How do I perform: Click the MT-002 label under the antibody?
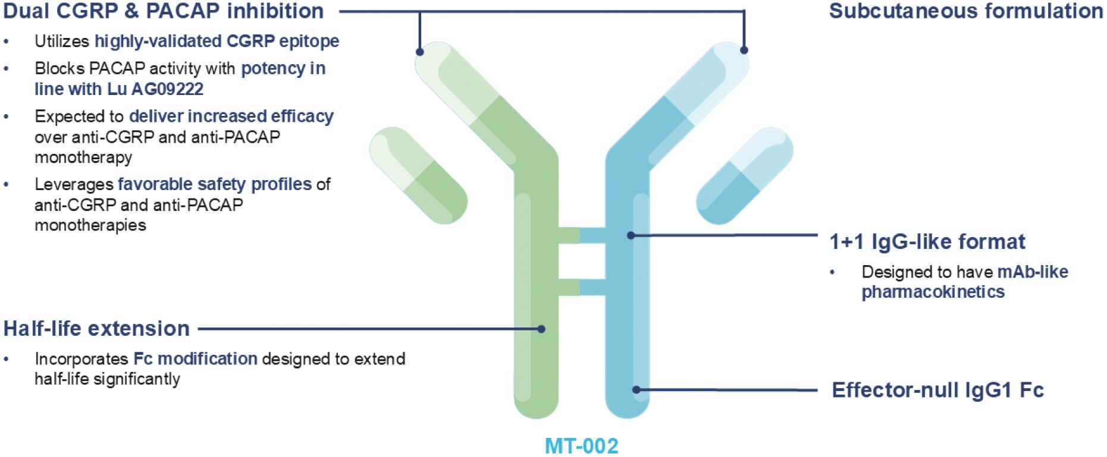pyautogui.click(x=581, y=446)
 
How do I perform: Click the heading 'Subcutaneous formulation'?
pyautogui.click(x=966, y=11)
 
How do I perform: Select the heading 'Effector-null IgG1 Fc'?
pyautogui.click(x=937, y=390)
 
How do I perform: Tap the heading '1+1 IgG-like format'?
pyautogui.click(x=927, y=242)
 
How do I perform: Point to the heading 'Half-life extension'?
pyautogui.click(x=96, y=329)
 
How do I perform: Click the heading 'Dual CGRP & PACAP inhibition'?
pyautogui.click(x=164, y=11)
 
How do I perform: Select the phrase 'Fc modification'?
pyautogui.click(x=195, y=359)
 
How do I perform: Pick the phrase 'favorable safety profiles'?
pyautogui.click(x=215, y=184)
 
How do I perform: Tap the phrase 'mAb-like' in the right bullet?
pyautogui.click(x=1033, y=272)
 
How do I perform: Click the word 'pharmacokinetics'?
pyautogui.click(x=933, y=292)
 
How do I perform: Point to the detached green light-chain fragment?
pyautogui.click(x=418, y=175)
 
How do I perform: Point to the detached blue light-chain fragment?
pyautogui.click(x=744, y=175)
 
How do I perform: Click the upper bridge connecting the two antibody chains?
pyautogui.click(x=581, y=235)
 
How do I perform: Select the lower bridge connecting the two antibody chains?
pyautogui.click(x=581, y=288)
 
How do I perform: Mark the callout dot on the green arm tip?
pyautogui.click(x=419, y=52)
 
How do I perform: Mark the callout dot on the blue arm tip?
pyautogui.click(x=744, y=51)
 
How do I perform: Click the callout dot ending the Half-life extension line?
pyautogui.click(x=541, y=329)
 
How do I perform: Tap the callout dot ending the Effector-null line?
pyautogui.click(x=636, y=390)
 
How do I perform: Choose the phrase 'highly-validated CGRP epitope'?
pyautogui.click(x=217, y=41)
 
